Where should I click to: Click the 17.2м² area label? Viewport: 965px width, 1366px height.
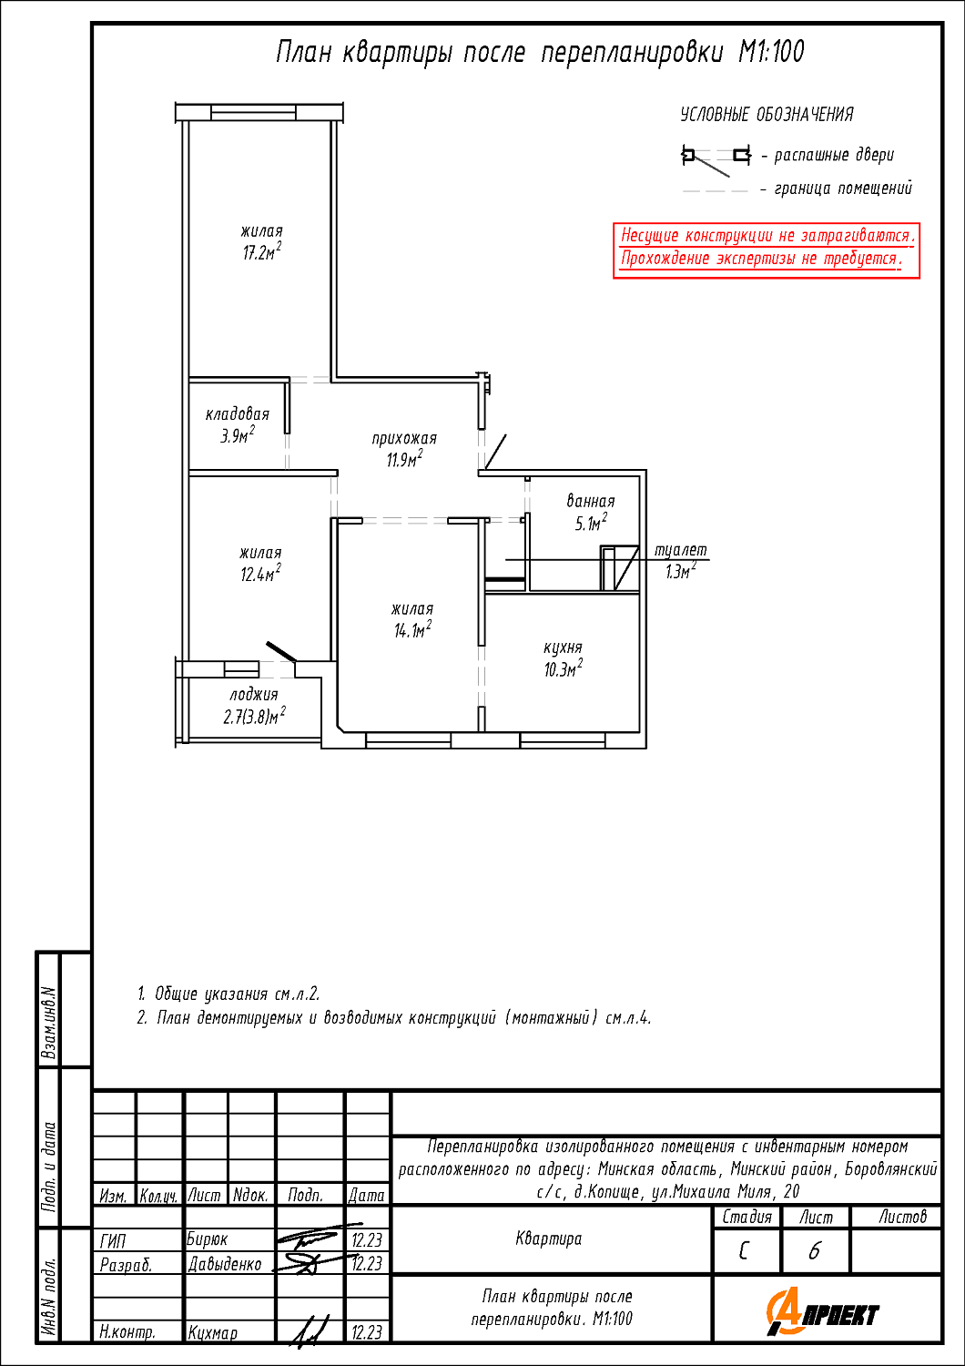261,252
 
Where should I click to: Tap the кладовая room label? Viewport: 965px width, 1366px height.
238,414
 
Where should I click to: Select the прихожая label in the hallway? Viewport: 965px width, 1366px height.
404,438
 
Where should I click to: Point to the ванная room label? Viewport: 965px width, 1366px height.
591,501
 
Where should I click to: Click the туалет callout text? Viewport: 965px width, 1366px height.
681,550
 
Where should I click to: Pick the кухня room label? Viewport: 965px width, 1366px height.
563,647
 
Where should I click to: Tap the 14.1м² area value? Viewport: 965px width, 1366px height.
412,630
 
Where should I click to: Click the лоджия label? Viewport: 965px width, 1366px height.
254,695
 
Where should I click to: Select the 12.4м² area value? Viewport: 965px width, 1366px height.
260,574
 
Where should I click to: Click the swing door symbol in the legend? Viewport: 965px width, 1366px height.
716,157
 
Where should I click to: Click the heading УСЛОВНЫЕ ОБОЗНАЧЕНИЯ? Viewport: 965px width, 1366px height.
767,115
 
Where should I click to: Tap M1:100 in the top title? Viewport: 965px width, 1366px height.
771,52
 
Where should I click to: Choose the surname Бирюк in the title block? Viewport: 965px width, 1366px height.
208,1239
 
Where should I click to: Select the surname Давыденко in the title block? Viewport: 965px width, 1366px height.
225,1264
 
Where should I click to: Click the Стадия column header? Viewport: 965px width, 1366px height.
747,1217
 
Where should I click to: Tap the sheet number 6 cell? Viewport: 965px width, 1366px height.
815,1252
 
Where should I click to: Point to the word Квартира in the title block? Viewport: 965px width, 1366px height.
549,1239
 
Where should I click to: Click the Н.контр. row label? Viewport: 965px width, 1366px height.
127,1332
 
